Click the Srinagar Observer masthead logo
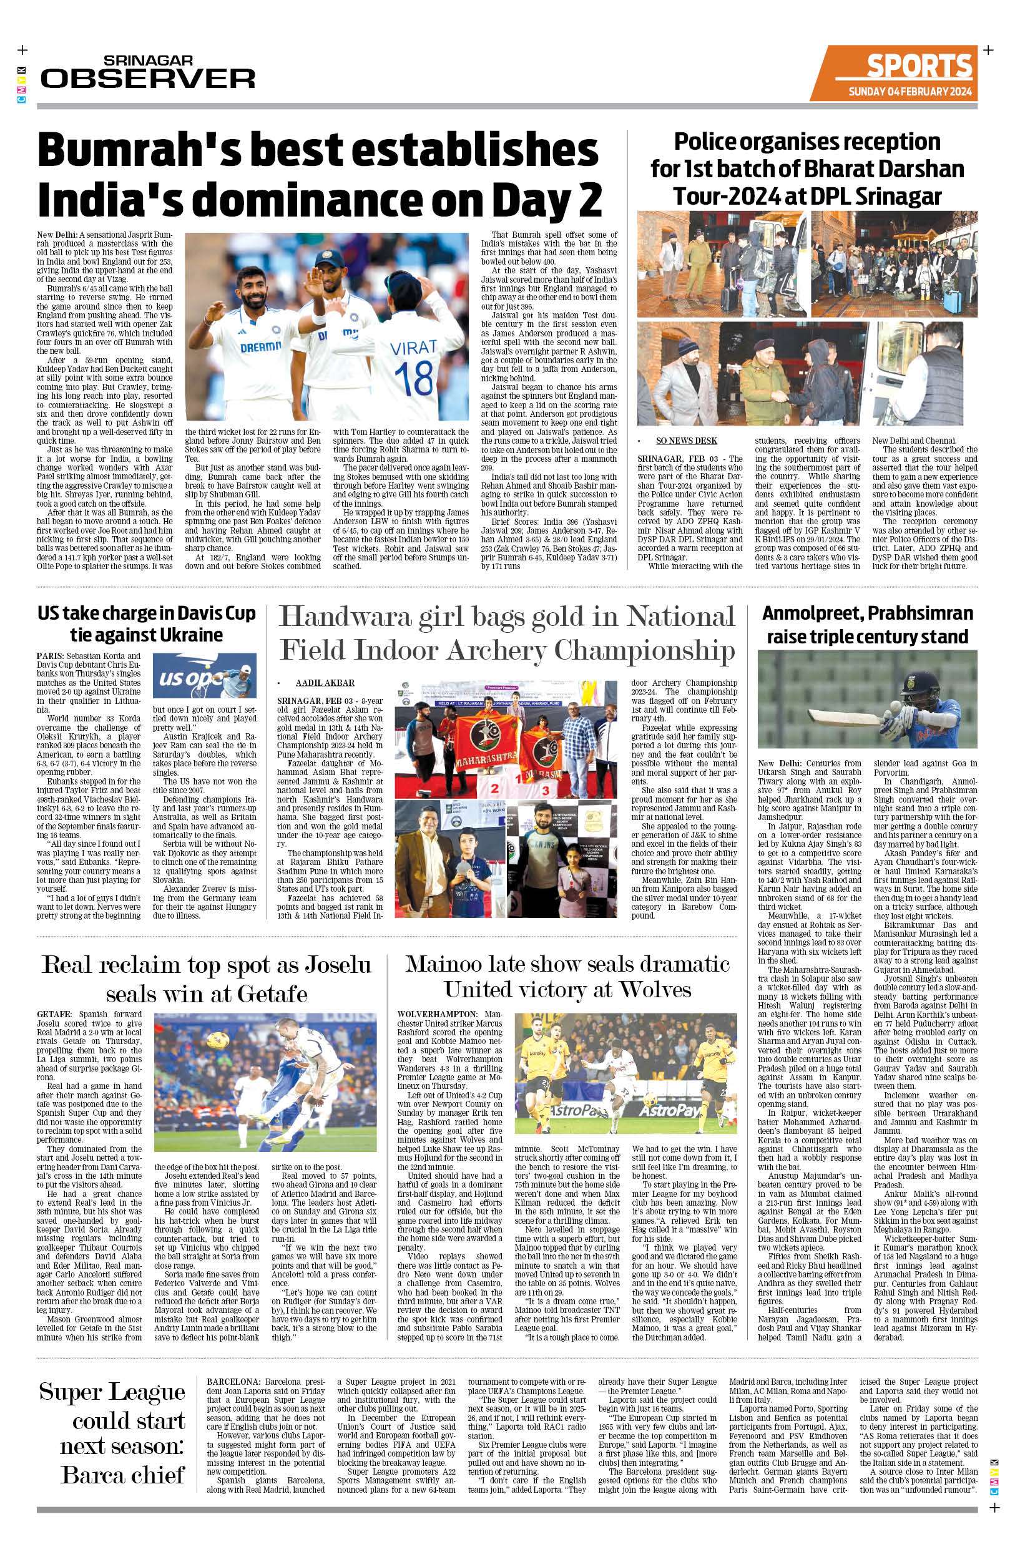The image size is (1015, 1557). (148, 72)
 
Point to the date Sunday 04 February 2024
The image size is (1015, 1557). (910, 92)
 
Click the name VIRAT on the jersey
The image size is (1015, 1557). (414, 348)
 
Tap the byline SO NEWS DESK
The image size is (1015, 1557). (687, 441)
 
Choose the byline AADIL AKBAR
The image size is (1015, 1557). (325, 682)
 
